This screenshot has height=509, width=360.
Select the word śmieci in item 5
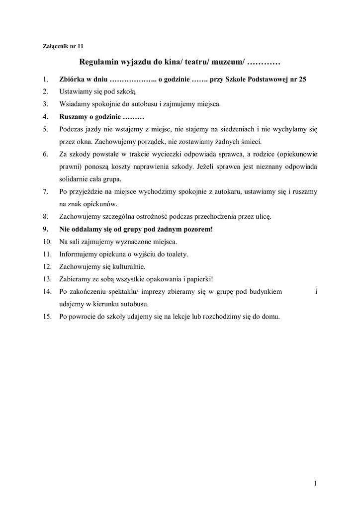[258, 141]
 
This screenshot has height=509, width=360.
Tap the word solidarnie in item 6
[75, 179]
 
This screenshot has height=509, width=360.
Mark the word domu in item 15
[270, 316]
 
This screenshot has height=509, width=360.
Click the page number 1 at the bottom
[315, 483]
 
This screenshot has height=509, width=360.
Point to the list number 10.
[47, 242]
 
